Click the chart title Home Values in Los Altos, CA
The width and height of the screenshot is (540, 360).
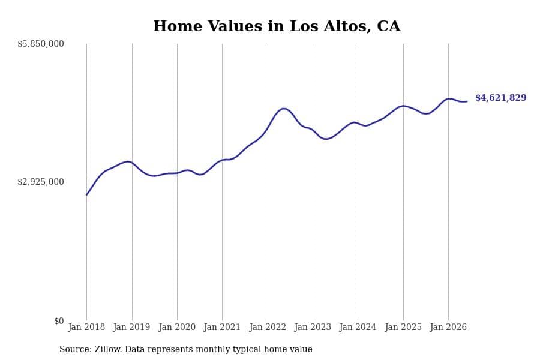pos(277,26)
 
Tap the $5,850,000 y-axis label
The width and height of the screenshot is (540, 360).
pos(41,44)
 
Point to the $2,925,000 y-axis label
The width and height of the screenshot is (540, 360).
pos(41,182)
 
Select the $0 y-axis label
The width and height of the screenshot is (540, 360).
pos(59,321)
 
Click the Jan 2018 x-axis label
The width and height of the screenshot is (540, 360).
pos(86,327)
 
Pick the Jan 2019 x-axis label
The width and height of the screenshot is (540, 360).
pos(131,327)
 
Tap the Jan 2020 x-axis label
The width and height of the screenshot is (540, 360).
pos(177,327)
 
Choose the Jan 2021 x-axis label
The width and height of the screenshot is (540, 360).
pos(222,327)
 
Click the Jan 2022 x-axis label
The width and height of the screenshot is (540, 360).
pos(268,327)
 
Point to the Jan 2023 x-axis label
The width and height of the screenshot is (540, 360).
pos(313,327)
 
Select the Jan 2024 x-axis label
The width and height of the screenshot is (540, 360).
pos(358,327)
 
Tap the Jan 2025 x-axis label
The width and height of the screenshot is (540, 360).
pos(403,327)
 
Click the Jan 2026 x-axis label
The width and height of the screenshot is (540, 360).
pos(448,327)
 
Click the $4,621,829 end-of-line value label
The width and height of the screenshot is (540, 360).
pos(501,98)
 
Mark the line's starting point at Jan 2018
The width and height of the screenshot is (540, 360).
pos(86,195)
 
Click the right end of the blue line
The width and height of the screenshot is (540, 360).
pos(467,101)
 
